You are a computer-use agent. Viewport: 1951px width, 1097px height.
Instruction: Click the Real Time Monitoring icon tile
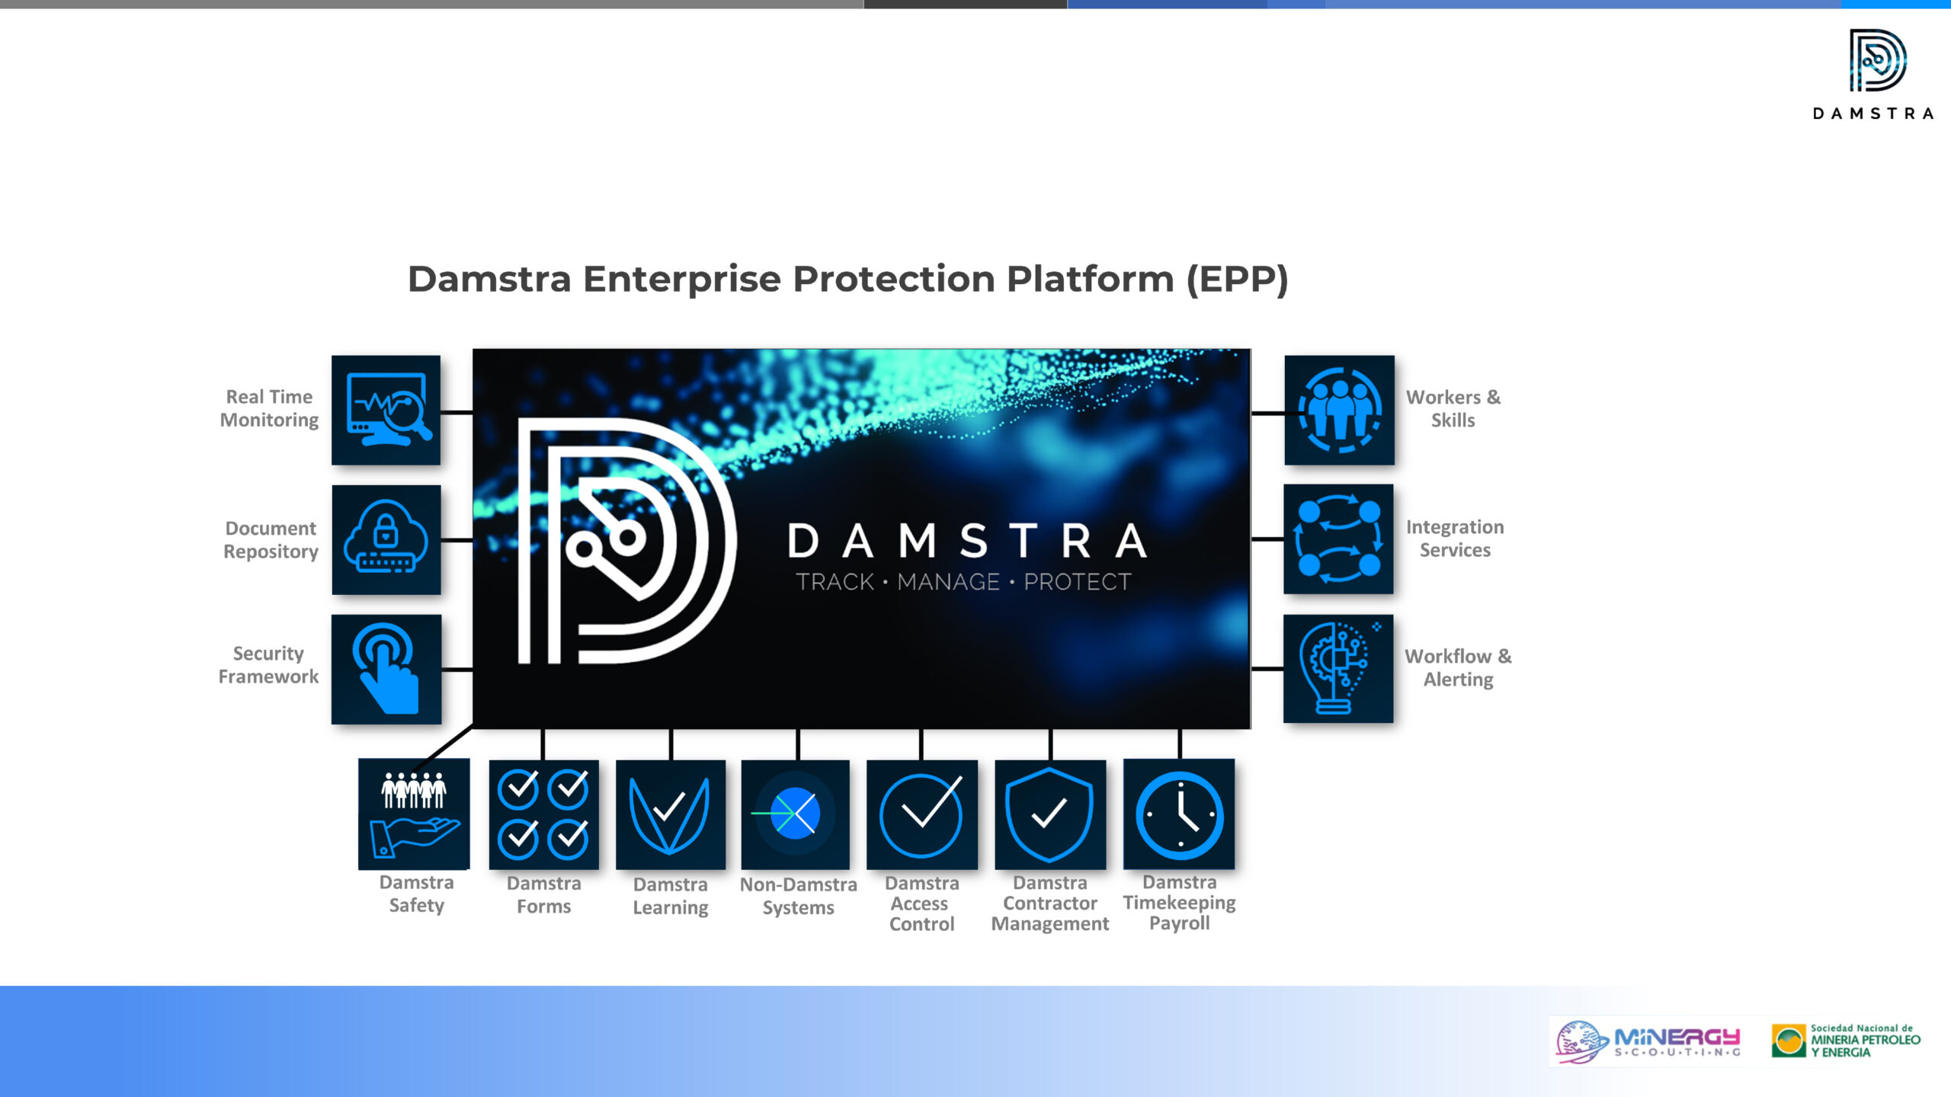[x=386, y=410]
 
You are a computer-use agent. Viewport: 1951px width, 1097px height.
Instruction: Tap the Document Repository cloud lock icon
[x=386, y=539]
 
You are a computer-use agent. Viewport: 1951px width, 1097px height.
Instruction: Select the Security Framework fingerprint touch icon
[x=386, y=669]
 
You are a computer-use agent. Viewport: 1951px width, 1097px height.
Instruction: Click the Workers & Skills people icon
[x=1339, y=410]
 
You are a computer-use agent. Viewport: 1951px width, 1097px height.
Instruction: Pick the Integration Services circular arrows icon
[x=1338, y=539]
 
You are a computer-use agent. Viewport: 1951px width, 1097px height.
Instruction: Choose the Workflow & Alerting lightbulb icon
[x=1338, y=668]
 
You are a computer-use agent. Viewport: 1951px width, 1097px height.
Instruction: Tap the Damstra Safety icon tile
[x=414, y=814]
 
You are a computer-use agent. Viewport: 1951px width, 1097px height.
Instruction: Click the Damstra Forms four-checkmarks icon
[x=543, y=814]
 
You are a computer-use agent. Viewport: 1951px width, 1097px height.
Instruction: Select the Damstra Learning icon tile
[x=671, y=814]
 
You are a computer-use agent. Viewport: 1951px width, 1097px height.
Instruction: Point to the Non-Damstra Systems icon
[x=795, y=814]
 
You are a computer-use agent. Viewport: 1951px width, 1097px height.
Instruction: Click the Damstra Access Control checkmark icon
[x=922, y=814]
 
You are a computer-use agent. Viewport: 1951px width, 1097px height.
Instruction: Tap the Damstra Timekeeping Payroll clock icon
[x=1179, y=814]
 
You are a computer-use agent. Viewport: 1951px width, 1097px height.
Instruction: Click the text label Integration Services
[x=1455, y=539]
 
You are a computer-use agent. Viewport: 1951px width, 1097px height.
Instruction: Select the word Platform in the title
[x=1091, y=279]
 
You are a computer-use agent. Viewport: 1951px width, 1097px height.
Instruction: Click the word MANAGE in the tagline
[x=948, y=582]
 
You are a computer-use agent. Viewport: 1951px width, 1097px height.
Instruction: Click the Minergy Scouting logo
[x=1648, y=1041]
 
